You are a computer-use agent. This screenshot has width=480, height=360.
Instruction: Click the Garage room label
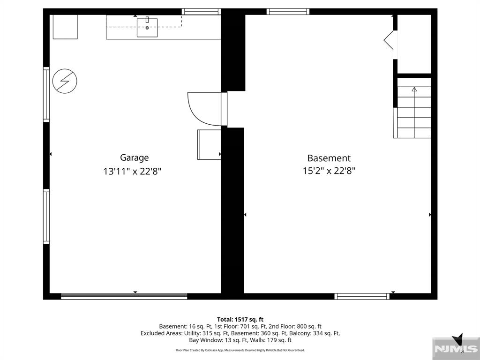(134, 157)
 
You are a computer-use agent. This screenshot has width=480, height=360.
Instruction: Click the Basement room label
(329, 158)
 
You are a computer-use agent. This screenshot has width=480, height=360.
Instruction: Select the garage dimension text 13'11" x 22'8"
(132, 171)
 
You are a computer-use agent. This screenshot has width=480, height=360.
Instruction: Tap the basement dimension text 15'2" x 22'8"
(329, 171)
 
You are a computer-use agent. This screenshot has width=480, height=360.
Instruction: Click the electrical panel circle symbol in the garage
(65, 81)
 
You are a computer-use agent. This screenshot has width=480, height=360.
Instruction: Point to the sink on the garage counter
(147, 28)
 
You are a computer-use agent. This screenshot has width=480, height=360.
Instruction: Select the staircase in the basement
(412, 108)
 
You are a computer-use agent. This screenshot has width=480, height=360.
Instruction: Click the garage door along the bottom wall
(124, 296)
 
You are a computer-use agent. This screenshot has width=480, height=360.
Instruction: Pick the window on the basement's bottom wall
(362, 296)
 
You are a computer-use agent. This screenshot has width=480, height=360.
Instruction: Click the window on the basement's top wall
(288, 12)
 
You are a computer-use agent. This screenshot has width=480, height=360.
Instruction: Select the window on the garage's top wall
(201, 12)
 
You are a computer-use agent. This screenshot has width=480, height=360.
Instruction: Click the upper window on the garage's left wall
(46, 94)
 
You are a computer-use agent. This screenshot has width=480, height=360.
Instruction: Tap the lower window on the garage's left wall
(46, 217)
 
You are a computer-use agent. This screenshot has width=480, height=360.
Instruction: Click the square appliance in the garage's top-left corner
(65, 27)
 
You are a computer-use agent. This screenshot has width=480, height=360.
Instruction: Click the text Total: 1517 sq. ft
(240, 320)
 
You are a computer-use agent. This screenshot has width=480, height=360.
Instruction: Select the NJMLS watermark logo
(456, 348)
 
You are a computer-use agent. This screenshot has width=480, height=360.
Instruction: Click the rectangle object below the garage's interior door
(209, 144)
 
